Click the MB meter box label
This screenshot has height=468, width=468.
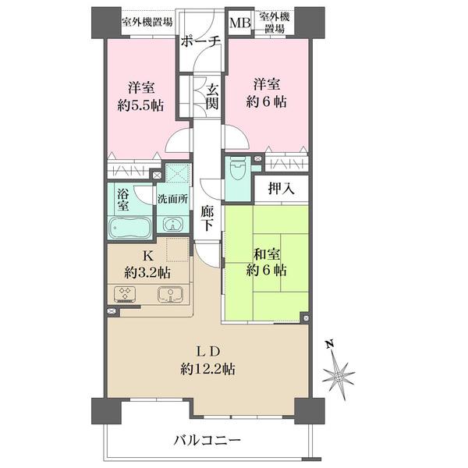tap(240, 23)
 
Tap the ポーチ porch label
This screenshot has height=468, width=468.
tap(200, 41)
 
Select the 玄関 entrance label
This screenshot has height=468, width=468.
tap(212, 96)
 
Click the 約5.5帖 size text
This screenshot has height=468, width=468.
tap(140, 105)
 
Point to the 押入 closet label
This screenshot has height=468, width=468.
tap(281, 188)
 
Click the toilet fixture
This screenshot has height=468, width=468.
tap(238, 170)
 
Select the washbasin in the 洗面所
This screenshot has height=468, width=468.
tap(172, 224)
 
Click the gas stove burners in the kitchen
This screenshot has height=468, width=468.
tap(124, 294)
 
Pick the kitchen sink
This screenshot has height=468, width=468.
tap(170, 294)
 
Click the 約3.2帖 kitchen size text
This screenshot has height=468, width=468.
tap(147, 272)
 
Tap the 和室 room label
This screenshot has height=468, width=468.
tap(267, 254)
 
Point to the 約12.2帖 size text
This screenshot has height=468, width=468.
tap(207, 370)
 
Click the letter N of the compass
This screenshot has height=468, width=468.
tap(329, 345)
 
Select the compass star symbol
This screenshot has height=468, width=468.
tap(339, 376)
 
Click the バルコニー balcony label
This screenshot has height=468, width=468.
tap(207, 440)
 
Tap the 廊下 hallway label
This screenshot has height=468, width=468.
tap(207, 218)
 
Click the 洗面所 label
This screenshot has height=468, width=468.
tap(173, 199)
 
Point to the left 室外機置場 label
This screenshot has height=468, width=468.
tap(147, 22)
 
